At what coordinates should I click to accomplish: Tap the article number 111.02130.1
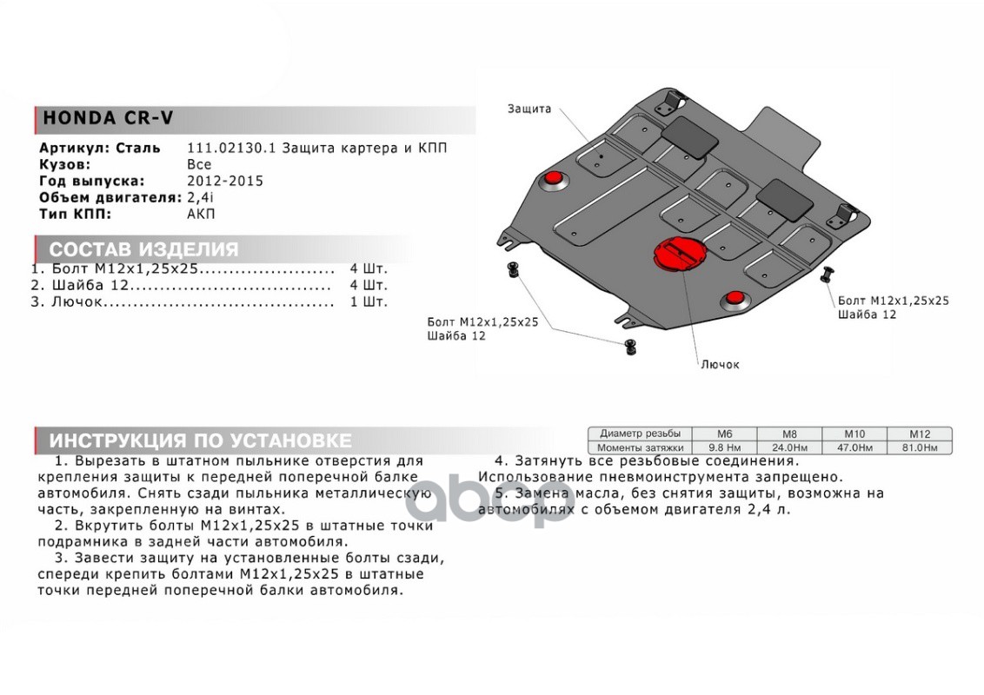(231, 149)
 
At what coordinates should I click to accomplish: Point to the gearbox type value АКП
(200, 214)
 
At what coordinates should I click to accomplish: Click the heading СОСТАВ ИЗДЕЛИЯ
(143, 249)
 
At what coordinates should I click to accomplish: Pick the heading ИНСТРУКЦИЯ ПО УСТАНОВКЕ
(200, 440)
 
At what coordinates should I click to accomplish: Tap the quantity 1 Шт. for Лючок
(369, 302)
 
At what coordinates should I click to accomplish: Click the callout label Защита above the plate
(529, 109)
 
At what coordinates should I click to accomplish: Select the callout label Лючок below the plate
(720, 365)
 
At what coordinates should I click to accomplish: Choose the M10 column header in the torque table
(854, 434)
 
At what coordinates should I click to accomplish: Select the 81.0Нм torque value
(920, 447)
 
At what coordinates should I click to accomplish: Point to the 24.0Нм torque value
(789, 447)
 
